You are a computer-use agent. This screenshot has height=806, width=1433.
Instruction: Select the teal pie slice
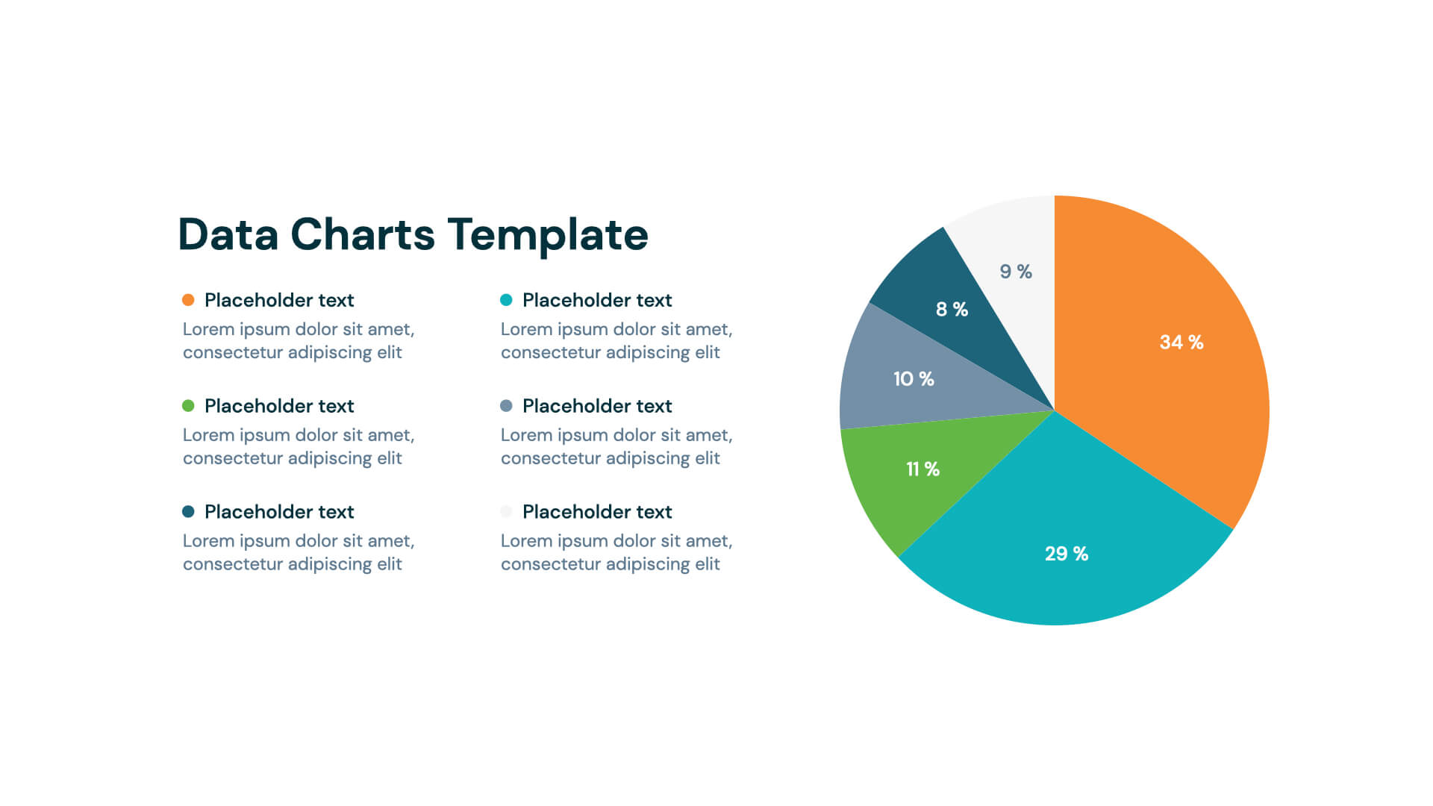click(1067, 522)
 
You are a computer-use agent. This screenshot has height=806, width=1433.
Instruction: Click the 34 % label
click(1181, 343)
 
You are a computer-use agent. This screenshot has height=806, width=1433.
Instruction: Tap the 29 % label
click(1066, 554)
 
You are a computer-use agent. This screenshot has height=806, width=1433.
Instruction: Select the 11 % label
click(922, 469)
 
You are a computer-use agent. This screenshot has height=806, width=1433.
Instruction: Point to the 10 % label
click(914, 379)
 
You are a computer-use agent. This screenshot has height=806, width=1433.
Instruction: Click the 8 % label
click(952, 310)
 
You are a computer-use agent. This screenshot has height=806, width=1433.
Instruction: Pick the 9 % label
click(1015, 272)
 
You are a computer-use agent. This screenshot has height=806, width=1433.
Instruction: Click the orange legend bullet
click(188, 300)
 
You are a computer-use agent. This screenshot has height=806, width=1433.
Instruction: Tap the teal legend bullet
click(506, 300)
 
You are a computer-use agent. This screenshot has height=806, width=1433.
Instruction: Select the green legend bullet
click(188, 406)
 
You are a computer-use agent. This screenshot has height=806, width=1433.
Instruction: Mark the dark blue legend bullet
click(188, 512)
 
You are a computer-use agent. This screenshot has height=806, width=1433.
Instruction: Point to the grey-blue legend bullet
click(506, 406)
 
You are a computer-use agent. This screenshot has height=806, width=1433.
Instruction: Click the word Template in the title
click(548, 235)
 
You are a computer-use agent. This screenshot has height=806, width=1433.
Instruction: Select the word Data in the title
click(228, 235)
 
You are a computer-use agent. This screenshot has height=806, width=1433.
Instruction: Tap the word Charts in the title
click(362, 235)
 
